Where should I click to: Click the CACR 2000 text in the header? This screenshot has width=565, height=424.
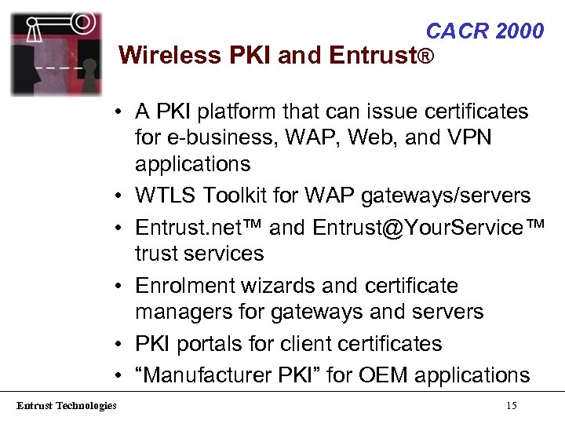click(x=484, y=31)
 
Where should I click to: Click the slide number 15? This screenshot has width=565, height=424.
click(x=511, y=405)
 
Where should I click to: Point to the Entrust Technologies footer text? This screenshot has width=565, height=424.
click(x=67, y=405)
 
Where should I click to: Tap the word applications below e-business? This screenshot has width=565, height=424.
click(x=192, y=164)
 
